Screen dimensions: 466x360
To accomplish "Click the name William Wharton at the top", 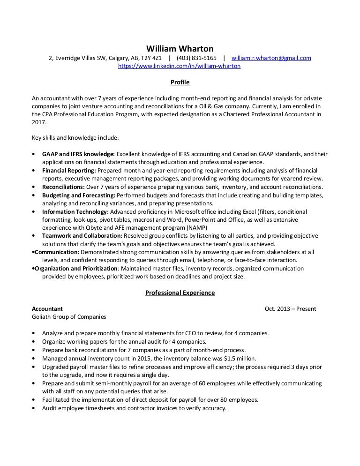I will coord(180,49).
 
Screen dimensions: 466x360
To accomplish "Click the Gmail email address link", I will coord(271,58).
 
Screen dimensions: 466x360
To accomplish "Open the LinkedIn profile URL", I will coord(179,67).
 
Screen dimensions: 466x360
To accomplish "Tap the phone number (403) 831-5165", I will coord(196,58).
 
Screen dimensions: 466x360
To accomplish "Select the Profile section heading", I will coord(180,83).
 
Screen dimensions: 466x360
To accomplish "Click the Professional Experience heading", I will coord(180,293).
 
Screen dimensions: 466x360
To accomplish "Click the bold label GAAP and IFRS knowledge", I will coord(78,154).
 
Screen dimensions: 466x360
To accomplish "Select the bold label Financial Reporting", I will coord(69,170).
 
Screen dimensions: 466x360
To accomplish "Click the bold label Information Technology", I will coord(75,211).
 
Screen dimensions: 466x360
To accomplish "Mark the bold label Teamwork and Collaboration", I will coord(82,236).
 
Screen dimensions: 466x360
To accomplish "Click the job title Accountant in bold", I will coord(47,309).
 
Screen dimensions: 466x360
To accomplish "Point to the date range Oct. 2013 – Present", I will coord(290,309).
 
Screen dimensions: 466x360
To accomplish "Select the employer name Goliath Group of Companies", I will coord(69,317).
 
